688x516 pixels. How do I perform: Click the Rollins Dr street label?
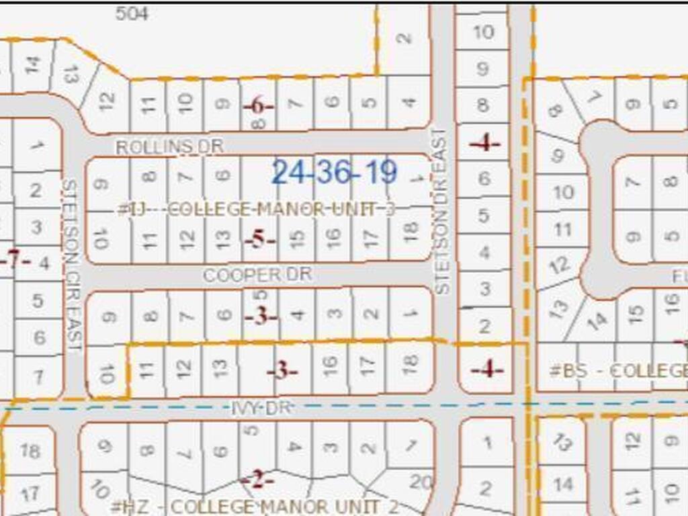[x=169, y=146]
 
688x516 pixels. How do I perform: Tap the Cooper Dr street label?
[x=257, y=275]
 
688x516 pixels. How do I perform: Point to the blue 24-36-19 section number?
[x=335, y=173]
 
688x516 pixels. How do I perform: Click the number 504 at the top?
[x=132, y=13]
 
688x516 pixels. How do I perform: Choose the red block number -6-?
[x=259, y=106]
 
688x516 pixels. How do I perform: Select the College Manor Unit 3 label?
[x=256, y=210]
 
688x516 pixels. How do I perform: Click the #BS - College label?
[x=619, y=370]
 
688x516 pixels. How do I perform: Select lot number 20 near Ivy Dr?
[x=421, y=482]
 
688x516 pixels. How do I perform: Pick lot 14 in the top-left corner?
[x=32, y=65]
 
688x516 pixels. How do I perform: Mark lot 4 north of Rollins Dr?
[x=408, y=102]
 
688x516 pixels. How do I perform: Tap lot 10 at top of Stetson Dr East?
[x=484, y=32]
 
